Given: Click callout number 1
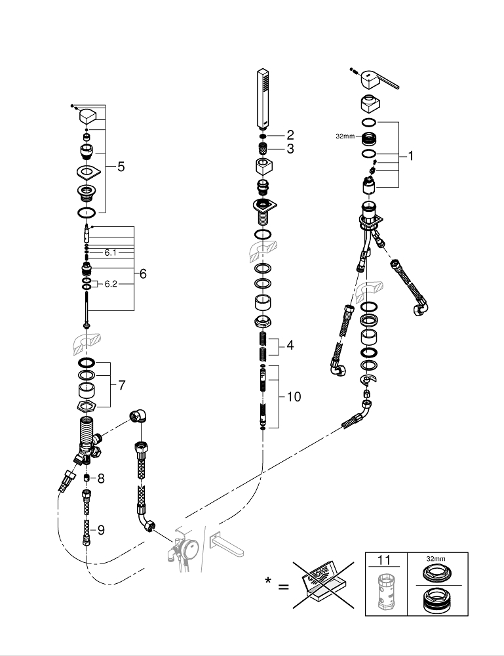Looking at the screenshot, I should (x=411, y=156).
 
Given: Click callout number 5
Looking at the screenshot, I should (x=121, y=167).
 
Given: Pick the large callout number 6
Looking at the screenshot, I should (x=143, y=274).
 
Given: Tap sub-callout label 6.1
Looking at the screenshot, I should (x=110, y=252).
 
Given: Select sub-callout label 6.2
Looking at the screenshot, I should (x=110, y=283).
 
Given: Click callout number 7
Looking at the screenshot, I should (x=121, y=385).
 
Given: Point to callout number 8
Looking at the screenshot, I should (x=101, y=479).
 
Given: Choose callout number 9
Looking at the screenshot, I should (x=101, y=530).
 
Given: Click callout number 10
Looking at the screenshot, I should (x=294, y=398).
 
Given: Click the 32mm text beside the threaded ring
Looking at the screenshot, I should (x=344, y=137).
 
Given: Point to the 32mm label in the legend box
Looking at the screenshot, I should (x=435, y=558).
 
